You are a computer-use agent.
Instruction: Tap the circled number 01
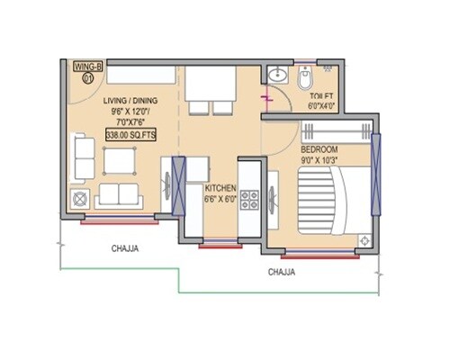pos(88,78)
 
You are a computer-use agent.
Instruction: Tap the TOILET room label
pos(322,94)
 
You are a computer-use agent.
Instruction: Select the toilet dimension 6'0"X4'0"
pos(322,105)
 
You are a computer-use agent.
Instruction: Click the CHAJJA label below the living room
pos(125,247)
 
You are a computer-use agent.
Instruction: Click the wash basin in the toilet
pos(277,76)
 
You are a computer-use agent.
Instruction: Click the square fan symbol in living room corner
pos(81,199)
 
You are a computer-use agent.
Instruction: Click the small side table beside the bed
pos(364,240)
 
